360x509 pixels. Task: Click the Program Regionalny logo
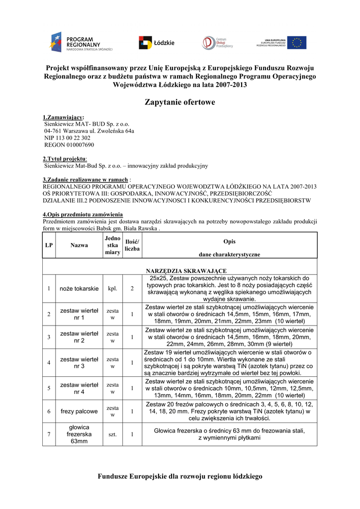[81, 42]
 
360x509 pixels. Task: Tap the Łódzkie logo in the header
[156, 43]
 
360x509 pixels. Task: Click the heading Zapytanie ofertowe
[180, 102]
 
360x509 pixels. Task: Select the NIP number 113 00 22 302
[67, 138]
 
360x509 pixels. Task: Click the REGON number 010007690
[69, 145]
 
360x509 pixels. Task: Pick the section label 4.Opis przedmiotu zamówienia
[83, 214]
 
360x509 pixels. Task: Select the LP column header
[49, 245]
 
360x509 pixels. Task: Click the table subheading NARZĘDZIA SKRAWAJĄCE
[186, 270]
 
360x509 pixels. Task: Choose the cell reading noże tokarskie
[79, 289]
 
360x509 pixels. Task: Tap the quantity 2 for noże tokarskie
[132, 289]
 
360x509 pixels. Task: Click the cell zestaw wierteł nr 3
[79, 363]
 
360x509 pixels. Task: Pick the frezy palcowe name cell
[79, 412]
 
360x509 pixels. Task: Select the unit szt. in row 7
[113, 434]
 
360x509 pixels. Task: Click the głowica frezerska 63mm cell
[79, 434]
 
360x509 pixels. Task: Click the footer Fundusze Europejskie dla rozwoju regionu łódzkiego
[180, 476]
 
